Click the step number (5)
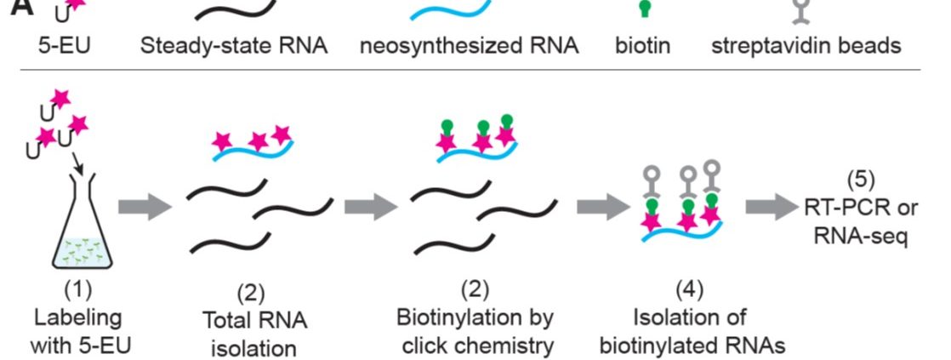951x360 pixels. point(861,180)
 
